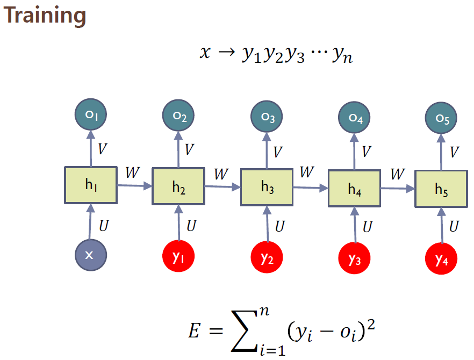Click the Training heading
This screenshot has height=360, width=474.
pos(45,16)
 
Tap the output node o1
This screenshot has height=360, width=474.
pos(91,115)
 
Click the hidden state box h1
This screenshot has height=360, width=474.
pos(91,185)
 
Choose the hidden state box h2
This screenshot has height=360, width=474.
pos(178,186)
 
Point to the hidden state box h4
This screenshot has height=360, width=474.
pos(354,189)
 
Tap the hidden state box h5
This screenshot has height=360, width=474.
pos(441,189)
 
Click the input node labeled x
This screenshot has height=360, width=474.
pos(90,255)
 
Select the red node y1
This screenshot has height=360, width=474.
pos(178,257)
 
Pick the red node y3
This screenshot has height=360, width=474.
pos(354,259)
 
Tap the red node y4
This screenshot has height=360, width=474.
pos(441,260)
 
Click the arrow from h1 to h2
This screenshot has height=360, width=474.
pos(134,185)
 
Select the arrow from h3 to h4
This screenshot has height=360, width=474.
pos(311,188)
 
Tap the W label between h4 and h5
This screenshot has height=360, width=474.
pos(398,174)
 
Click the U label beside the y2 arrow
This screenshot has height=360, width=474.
pos(280,226)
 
